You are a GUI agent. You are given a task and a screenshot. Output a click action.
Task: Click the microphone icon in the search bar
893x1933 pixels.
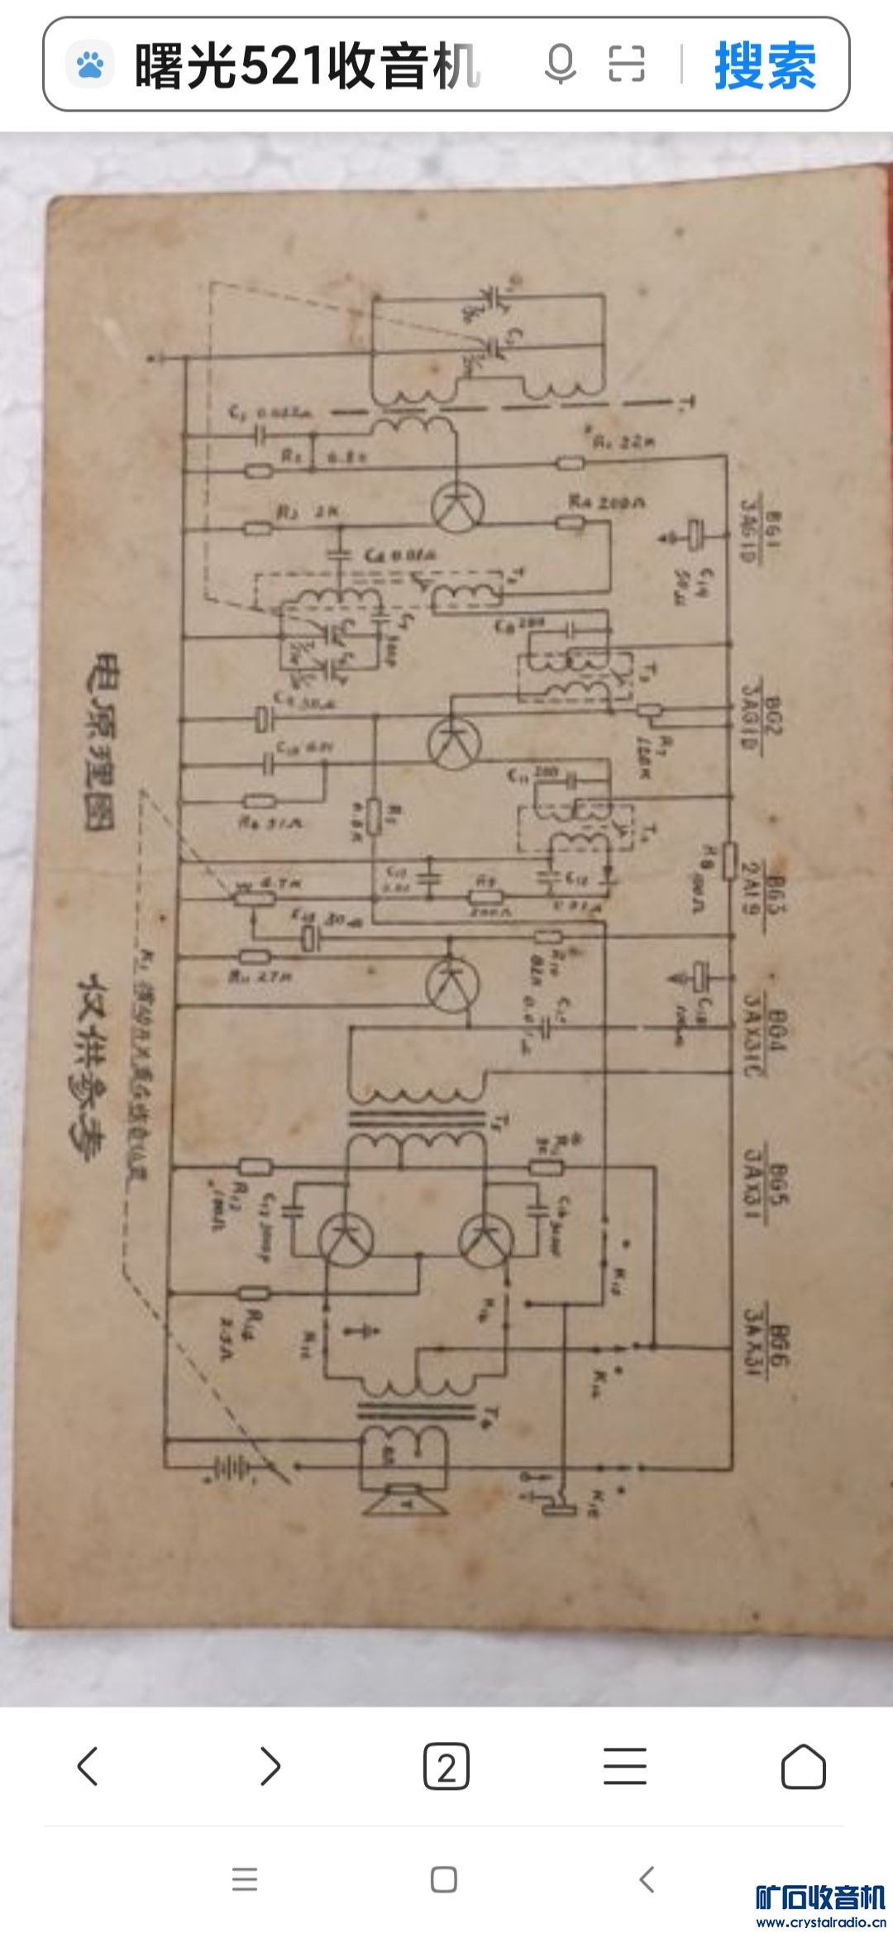click(560, 64)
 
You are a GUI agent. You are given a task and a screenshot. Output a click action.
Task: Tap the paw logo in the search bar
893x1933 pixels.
click(89, 64)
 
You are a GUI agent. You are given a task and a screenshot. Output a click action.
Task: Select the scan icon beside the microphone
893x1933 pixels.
click(626, 64)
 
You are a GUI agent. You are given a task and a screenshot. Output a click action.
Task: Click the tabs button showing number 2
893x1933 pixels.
click(446, 1767)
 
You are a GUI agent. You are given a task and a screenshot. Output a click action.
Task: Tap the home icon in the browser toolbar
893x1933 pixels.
click(803, 1767)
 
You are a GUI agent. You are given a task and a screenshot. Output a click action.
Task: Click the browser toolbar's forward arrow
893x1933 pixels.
click(270, 1767)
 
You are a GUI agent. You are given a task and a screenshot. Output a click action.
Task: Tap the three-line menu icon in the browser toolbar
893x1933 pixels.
click(624, 1767)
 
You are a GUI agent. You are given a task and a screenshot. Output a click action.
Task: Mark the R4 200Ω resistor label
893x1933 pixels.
click(607, 502)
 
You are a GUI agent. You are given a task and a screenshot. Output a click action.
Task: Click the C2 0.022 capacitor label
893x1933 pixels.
click(269, 412)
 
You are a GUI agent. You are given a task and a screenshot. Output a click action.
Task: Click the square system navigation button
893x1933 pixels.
click(444, 1879)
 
